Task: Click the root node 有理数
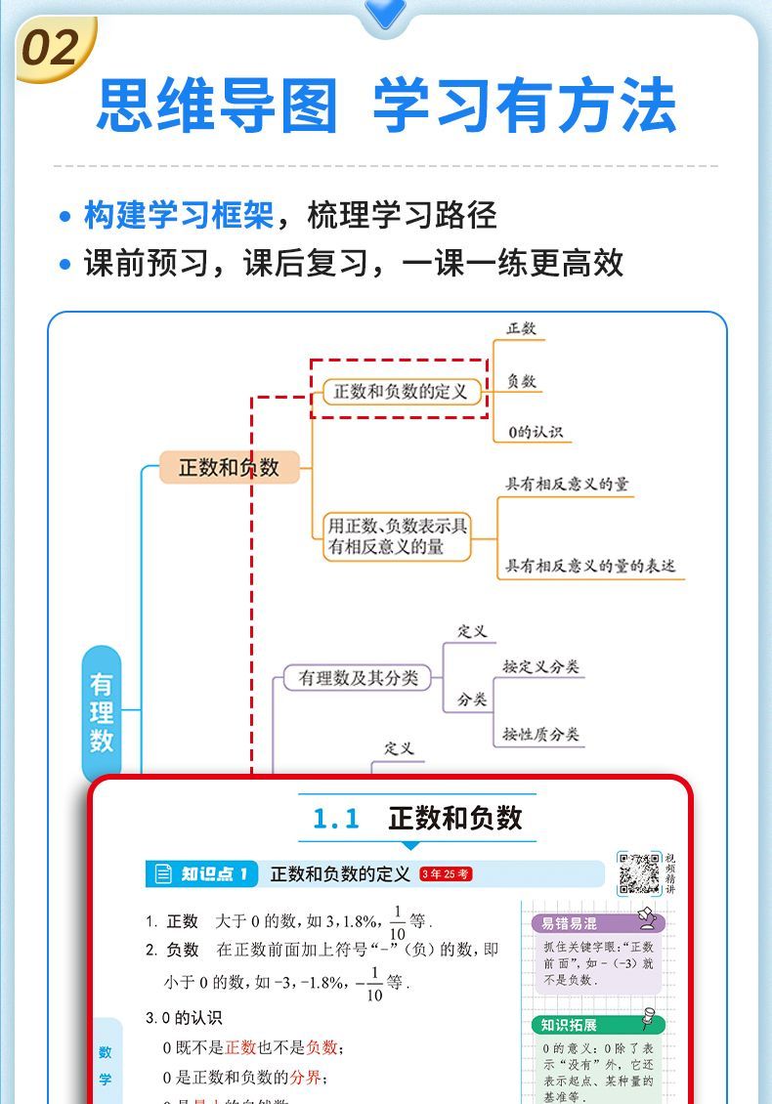(102, 713)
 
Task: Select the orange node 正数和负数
(229, 468)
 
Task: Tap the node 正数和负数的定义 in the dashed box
(401, 392)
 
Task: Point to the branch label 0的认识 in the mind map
(535, 432)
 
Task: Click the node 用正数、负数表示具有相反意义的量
(398, 535)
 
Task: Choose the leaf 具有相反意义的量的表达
(589, 566)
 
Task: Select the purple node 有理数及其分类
(358, 677)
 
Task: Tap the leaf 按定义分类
(540, 666)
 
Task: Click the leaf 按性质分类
(540, 734)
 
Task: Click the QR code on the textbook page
(639, 873)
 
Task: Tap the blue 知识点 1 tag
(203, 873)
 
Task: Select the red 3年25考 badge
(446, 874)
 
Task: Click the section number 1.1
(336, 819)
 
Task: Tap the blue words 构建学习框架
(178, 215)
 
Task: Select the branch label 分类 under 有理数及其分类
(472, 701)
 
